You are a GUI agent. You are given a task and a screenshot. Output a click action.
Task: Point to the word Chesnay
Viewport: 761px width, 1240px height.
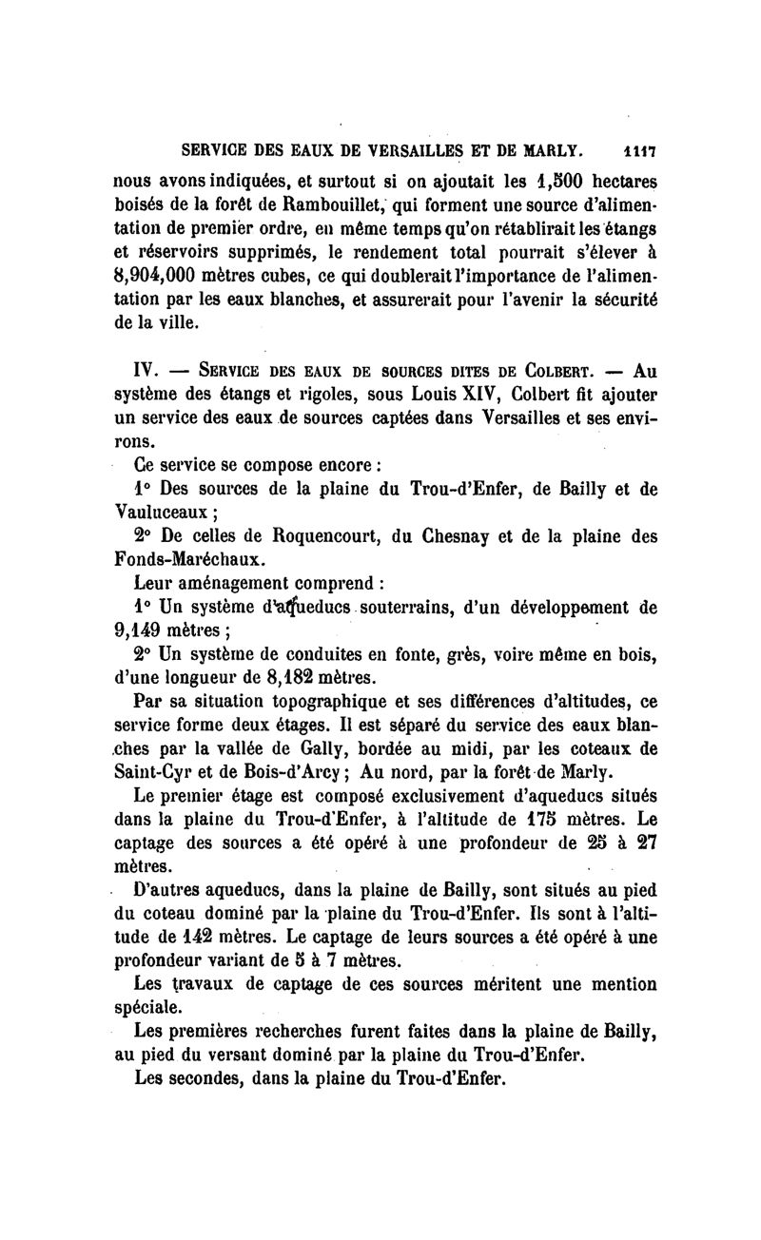(x=447, y=536)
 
